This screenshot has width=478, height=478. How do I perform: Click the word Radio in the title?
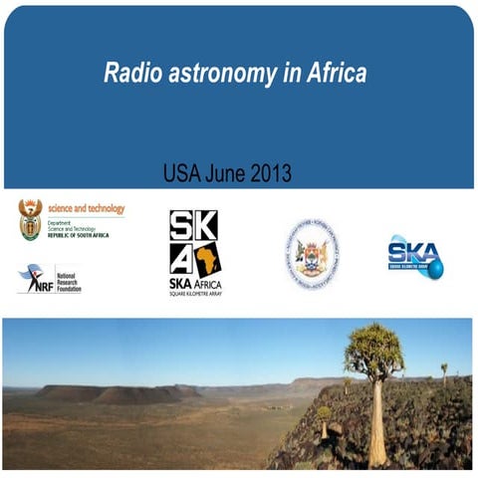pos(128,73)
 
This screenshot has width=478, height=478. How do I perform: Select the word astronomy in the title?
pos(210,73)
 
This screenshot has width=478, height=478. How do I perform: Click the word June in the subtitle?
pos(226,173)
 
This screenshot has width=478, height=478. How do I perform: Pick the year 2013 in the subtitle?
pos(270,173)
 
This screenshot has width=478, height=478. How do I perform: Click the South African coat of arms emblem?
pos(31,219)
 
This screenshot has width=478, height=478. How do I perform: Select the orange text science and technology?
pos(87,208)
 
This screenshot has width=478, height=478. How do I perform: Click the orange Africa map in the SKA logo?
pos(207,261)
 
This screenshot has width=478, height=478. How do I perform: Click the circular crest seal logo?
pos(311,254)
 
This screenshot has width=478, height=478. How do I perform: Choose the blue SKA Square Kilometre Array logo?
pos(414,256)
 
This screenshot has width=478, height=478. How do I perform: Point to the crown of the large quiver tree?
pos(373,351)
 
